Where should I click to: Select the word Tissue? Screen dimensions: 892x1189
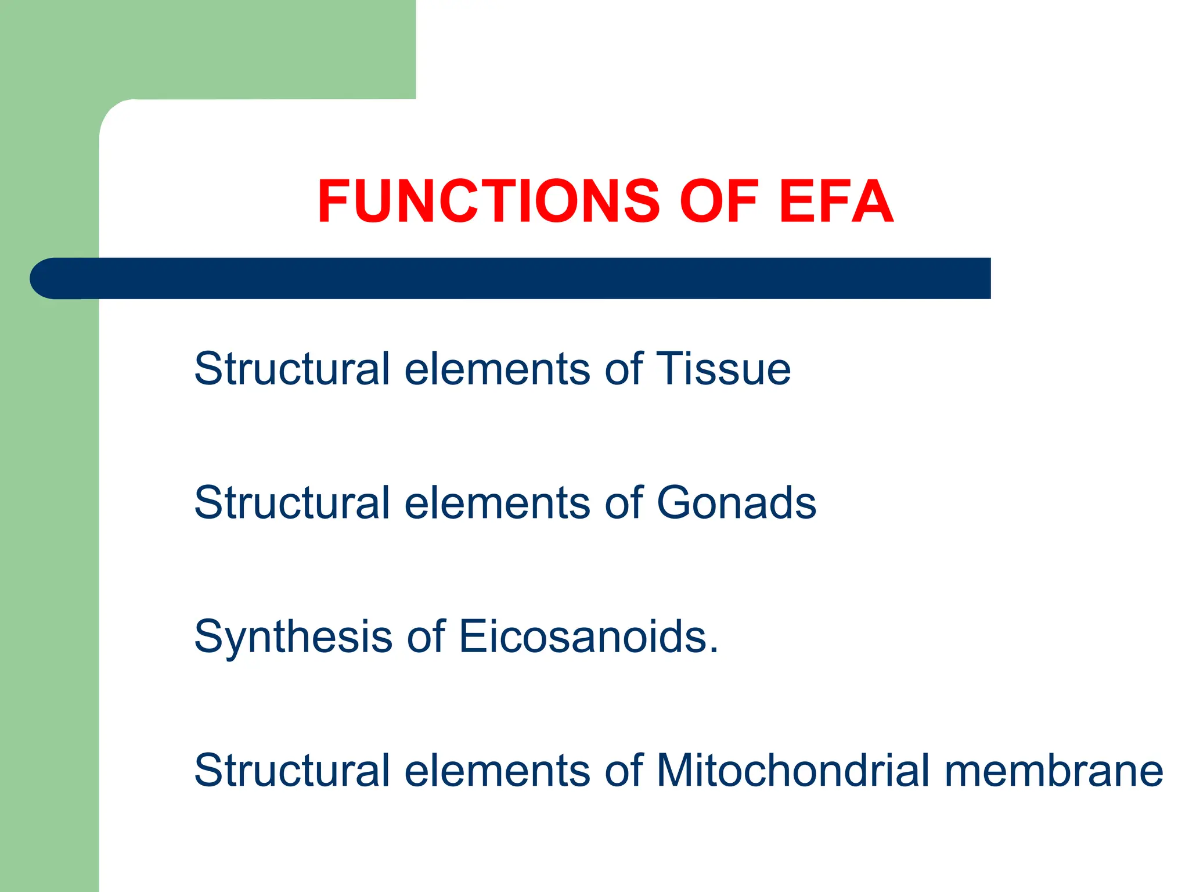(723, 369)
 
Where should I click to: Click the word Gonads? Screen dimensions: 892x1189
(736, 503)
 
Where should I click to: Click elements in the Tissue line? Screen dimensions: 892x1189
(497, 370)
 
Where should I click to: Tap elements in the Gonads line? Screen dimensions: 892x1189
(497, 503)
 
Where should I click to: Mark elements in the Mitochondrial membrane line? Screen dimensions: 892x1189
(497, 771)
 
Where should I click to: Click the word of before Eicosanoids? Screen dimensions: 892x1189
(426, 636)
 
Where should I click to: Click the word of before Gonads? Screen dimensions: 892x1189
(624, 503)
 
